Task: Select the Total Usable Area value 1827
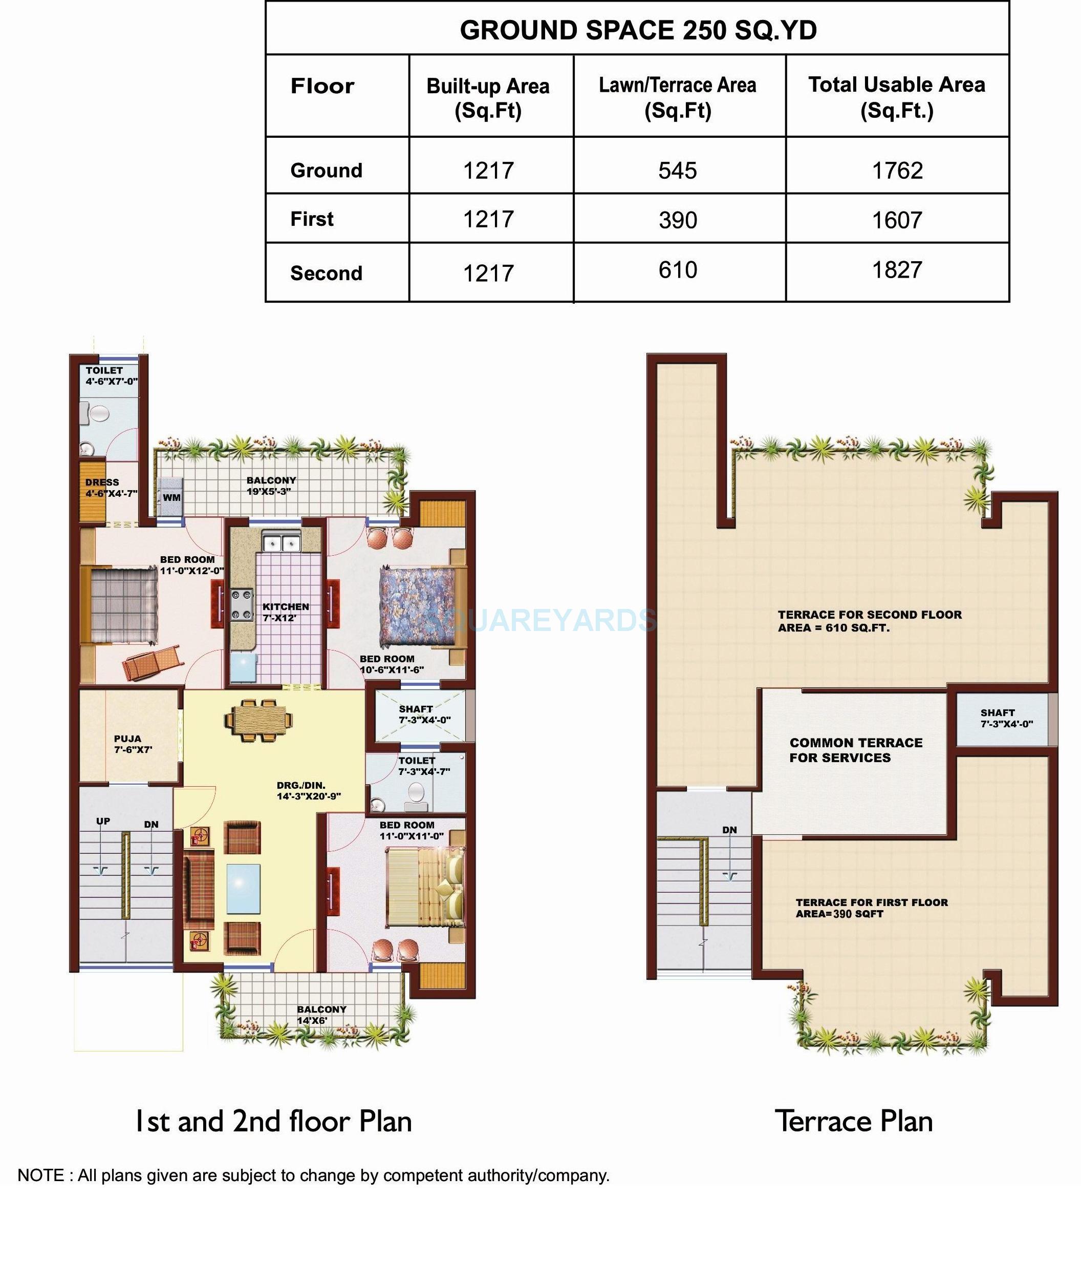[x=897, y=269]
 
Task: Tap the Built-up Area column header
[x=488, y=97]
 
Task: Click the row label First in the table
[x=312, y=219]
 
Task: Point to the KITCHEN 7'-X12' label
[x=286, y=612]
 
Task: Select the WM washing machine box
[x=171, y=497]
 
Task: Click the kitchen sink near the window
[x=281, y=541]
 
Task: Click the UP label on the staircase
[x=103, y=821]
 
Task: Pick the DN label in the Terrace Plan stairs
[x=729, y=830]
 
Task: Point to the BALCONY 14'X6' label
[x=321, y=1015]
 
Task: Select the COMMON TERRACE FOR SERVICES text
[x=855, y=750]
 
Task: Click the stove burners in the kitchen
[x=242, y=605]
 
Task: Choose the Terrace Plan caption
[x=853, y=1121]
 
